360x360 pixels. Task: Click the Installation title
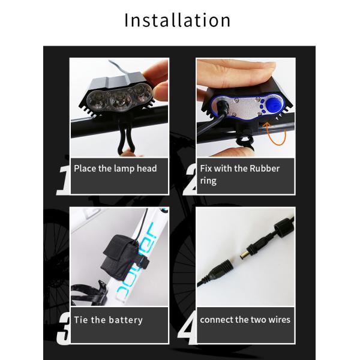click(177, 20)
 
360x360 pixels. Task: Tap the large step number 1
click(64, 181)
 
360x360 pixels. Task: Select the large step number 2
click(190, 180)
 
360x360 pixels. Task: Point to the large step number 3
click(64, 329)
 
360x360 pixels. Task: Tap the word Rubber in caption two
click(265, 168)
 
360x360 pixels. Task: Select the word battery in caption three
click(125, 320)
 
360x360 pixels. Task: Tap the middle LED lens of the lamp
click(120, 100)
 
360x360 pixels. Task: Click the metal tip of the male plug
click(244, 256)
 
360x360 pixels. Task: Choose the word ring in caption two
click(208, 181)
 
